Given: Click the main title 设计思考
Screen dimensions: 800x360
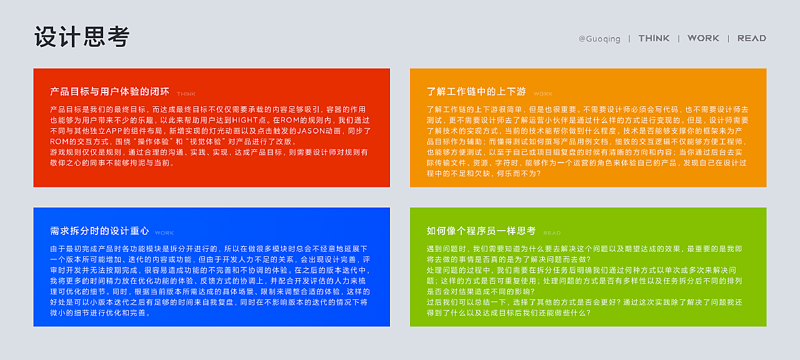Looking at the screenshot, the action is [82, 36].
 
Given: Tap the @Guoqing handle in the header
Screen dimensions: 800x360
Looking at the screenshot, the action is [599, 39].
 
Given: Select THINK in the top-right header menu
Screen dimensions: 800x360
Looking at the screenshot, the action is [654, 38].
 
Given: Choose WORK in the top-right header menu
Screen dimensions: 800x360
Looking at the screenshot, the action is [703, 38].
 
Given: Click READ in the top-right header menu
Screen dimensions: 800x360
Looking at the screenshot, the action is [752, 38].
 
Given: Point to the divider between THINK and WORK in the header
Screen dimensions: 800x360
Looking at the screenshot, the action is [679, 39].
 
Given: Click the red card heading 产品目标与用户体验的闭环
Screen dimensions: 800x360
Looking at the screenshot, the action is [109, 92].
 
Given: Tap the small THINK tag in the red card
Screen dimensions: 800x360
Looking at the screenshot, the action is [186, 94].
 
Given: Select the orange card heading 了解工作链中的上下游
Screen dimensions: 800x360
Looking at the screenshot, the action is [476, 92].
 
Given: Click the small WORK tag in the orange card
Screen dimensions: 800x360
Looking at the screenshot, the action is [543, 94].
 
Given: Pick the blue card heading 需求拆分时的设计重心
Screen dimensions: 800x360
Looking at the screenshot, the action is [99, 231].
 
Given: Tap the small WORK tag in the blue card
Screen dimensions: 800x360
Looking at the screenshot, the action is [164, 233].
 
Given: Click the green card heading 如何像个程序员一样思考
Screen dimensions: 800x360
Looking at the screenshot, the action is [481, 231].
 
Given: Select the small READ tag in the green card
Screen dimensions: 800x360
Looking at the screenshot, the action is [552, 233].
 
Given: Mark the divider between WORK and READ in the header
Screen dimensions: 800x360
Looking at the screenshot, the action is [728, 39].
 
